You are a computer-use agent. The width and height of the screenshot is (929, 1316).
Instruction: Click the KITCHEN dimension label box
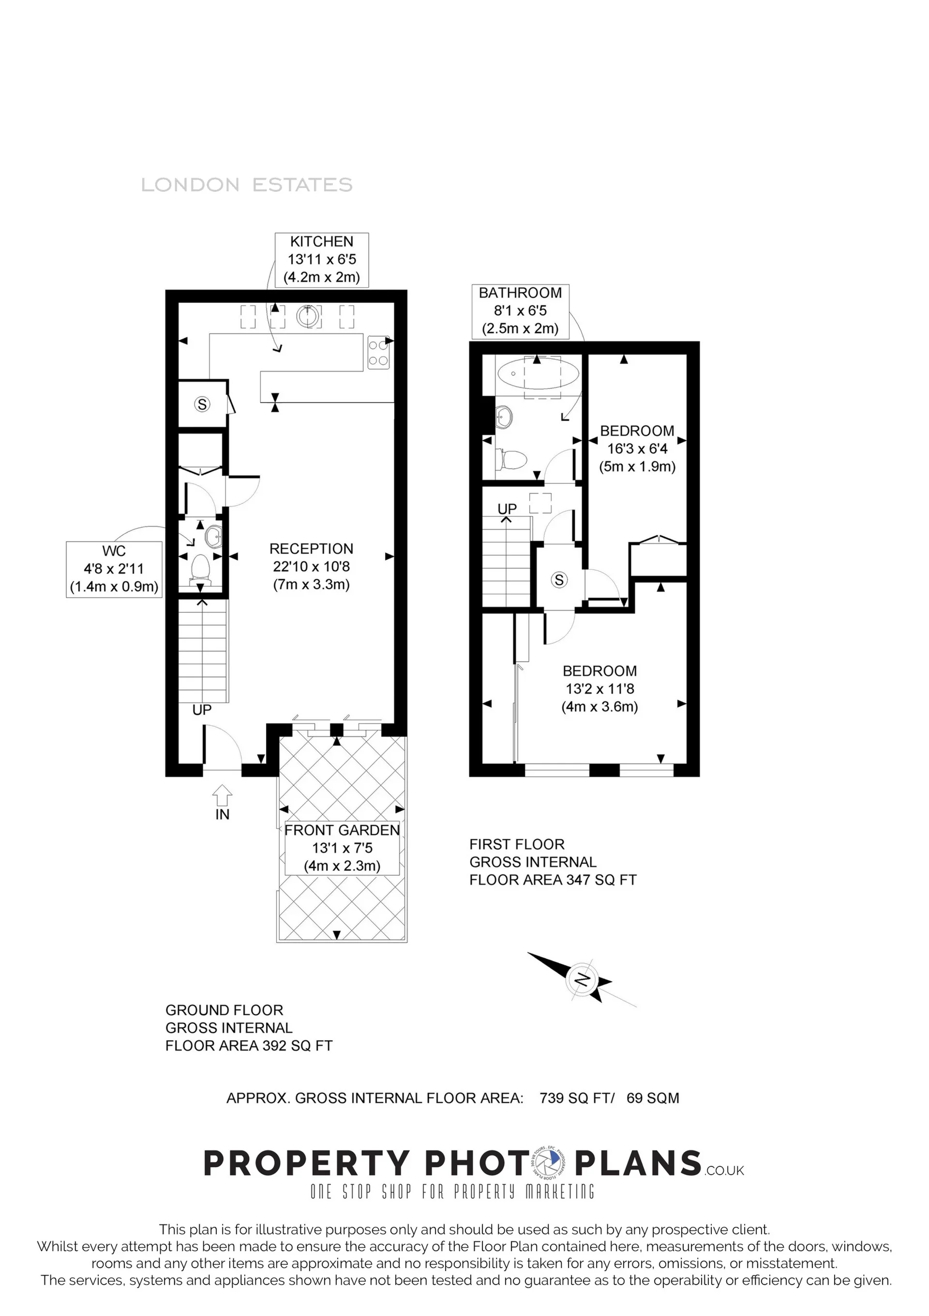[x=321, y=260]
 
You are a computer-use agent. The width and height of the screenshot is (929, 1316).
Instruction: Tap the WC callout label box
[x=114, y=569]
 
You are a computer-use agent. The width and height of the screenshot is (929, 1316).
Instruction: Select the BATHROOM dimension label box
[x=520, y=311]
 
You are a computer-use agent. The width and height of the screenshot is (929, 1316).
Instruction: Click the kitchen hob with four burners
[x=378, y=353]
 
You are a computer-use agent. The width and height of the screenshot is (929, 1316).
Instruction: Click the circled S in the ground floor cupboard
[x=202, y=404]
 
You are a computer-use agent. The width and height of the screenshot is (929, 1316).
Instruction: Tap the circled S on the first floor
[x=559, y=580]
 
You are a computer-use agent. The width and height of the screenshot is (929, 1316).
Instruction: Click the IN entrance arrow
[x=222, y=797]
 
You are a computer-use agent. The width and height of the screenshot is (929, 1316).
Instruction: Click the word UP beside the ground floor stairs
[x=202, y=710]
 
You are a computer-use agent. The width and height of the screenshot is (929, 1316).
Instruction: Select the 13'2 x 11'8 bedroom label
[x=599, y=689]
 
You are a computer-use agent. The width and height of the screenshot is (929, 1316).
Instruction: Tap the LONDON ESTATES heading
[x=247, y=185]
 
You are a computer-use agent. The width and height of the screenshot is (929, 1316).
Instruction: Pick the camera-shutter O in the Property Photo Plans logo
[x=547, y=1163]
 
